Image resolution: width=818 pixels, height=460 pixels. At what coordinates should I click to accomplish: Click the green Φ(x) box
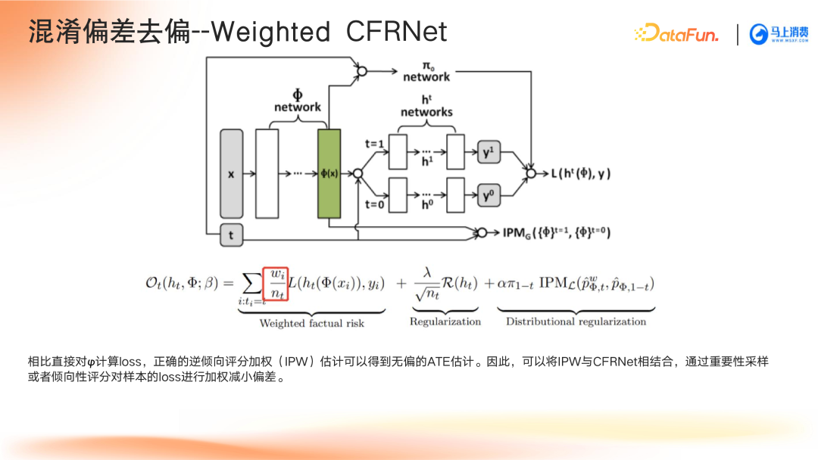pos(329,173)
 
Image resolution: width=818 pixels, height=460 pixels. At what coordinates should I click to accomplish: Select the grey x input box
pos(232,173)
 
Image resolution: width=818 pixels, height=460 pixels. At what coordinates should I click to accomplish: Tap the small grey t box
pos(232,235)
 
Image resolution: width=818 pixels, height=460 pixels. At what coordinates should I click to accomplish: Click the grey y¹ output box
pos(489,152)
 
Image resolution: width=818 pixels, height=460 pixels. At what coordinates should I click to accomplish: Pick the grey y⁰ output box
pos(489,195)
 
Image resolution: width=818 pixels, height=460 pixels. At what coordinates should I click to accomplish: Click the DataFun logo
pos(676,33)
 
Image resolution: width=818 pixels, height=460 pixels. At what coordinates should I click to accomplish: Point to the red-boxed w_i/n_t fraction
pos(276,284)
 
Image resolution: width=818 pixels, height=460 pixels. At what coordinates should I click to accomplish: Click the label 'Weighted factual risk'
pos(312,324)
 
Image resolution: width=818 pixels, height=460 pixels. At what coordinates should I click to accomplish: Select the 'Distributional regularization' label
pos(576,322)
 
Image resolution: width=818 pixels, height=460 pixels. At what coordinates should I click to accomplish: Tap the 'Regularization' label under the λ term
pos(445,322)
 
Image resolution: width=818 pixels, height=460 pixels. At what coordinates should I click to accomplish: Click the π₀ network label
pos(426,72)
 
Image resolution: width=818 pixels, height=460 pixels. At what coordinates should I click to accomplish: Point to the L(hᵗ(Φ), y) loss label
pos(581,173)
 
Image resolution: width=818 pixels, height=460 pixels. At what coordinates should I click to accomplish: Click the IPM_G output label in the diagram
pos(556,232)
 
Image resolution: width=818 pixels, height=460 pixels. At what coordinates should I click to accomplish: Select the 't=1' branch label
pos(375,144)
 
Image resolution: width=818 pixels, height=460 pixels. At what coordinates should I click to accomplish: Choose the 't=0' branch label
pos(375,204)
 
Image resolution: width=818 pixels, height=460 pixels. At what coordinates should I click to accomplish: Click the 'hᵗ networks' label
pos(426,106)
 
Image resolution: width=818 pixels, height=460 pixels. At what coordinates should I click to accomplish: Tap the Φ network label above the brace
pos(298,101)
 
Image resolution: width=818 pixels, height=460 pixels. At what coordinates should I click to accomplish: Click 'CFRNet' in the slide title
pos(396,32)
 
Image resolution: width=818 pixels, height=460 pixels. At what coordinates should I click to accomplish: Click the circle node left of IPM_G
pos(482,232)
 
